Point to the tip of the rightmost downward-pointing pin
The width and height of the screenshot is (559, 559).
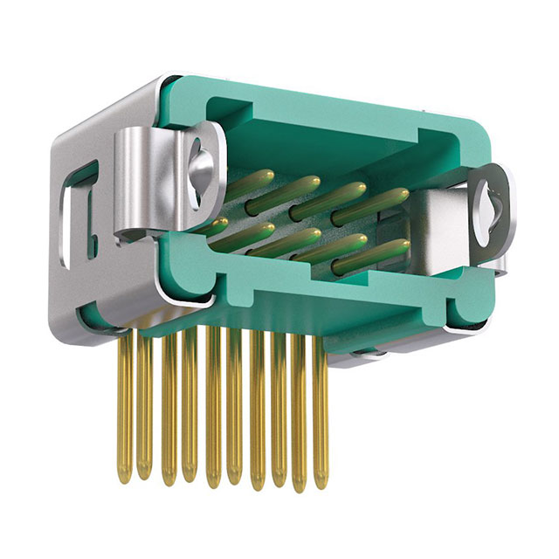(x=321, y=482)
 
